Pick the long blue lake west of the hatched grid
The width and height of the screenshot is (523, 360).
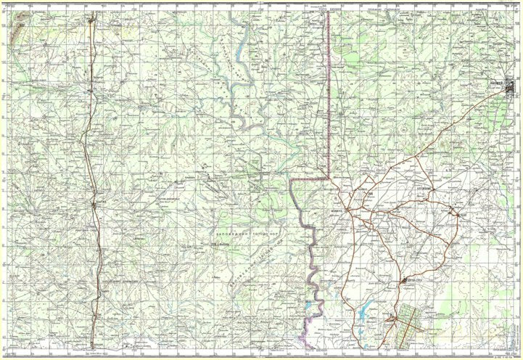click(364, 311)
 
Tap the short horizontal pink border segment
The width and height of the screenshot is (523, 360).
click(309, 178)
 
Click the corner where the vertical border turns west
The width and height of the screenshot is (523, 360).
click(329, 177)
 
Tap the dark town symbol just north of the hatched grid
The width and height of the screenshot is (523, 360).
click(405, 282)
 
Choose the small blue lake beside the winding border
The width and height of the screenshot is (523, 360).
click(310, 306)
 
